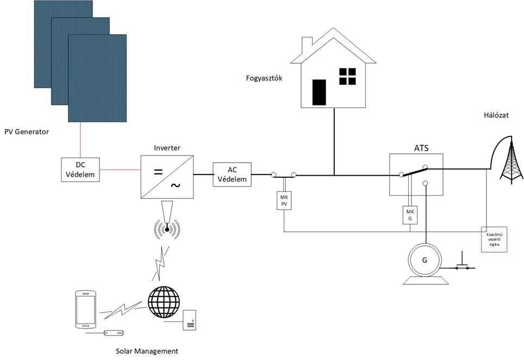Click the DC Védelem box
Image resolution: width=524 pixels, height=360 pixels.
[x=80, y=169]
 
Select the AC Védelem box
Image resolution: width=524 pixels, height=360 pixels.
[x=233, y=175]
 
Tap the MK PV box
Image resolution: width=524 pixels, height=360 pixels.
[x=284, y=200]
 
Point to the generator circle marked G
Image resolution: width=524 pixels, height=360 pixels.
[x=425, y=259]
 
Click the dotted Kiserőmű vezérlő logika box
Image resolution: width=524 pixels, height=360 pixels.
[x=494, y=239]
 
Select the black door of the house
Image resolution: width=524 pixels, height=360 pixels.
[x=319, y=92]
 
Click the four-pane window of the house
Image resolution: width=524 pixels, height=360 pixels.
[x=347, y=77]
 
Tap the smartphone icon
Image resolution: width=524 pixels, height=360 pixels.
[x=85, y=309]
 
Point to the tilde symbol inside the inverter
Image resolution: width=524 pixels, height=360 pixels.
[x=175, y=185]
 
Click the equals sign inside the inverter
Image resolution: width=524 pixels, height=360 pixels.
[x=158, y=172]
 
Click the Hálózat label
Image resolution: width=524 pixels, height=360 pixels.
[x=496, y=115]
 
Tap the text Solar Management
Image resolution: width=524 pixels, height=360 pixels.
[x=147, y=351]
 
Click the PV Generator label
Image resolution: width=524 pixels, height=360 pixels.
[x=27, y=132]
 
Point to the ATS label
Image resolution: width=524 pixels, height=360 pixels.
[x=416, y=147]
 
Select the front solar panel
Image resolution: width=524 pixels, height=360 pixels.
[x=98, y=78]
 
